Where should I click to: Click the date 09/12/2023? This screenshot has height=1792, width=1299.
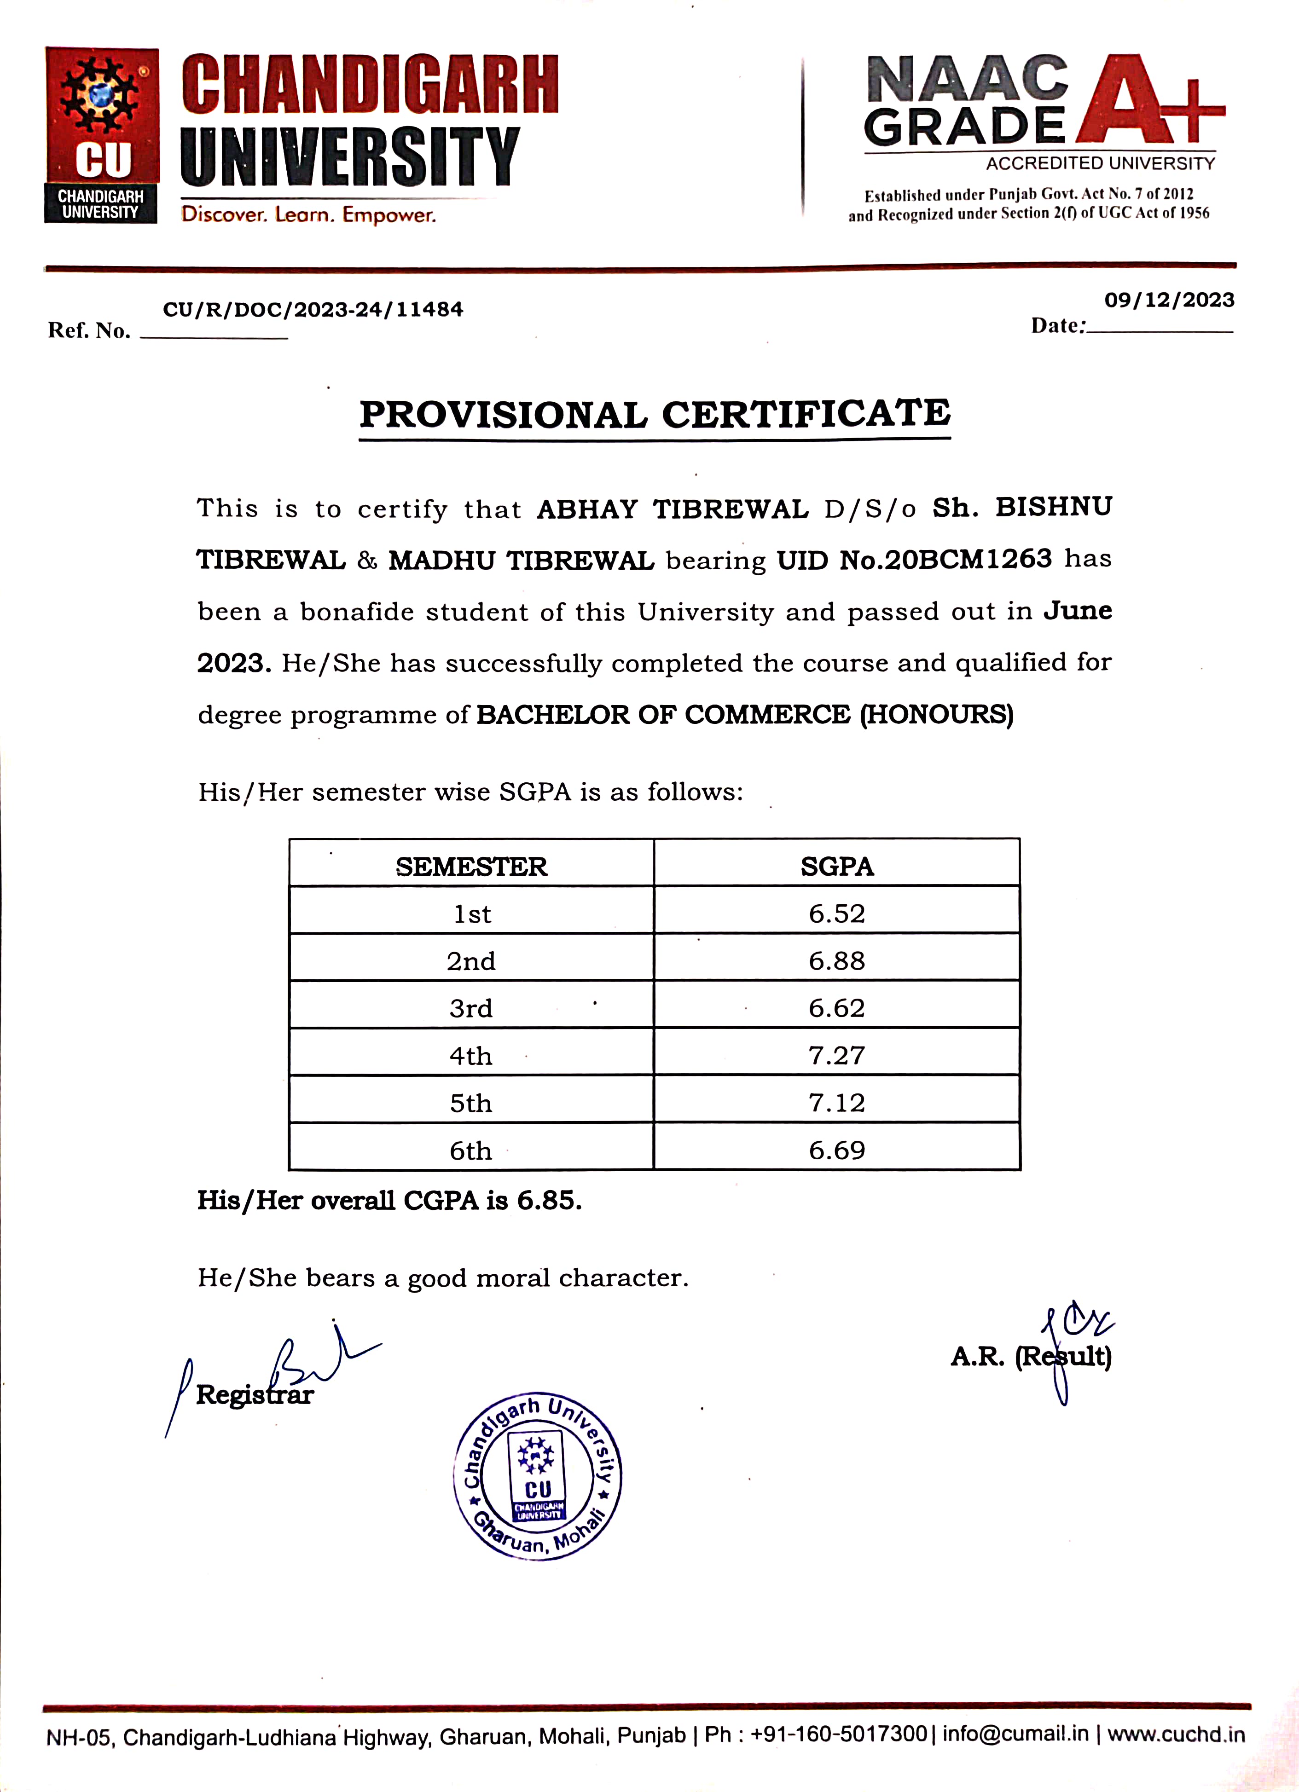[x=1169, y=300]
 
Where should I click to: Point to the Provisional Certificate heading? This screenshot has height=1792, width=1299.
[x=655, y=414]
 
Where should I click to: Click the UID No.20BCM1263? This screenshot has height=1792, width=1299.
[x=914, y=560]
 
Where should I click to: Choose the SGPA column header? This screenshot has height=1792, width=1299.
[x=837, y=867]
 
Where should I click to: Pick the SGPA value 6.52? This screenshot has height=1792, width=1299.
[x=837, y=914]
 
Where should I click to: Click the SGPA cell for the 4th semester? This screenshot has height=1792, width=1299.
[x=837, y=1056]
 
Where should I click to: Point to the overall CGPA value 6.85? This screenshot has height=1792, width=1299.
[x=548, y=1201]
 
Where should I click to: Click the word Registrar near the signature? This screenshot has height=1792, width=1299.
[x=255, y=1394]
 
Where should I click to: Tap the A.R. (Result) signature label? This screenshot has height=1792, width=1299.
[x=1030, y=1357]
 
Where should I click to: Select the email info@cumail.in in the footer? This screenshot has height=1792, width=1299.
[x=1015, y=1734]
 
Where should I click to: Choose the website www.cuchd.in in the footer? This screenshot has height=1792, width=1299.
[x=1176, y=1734]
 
